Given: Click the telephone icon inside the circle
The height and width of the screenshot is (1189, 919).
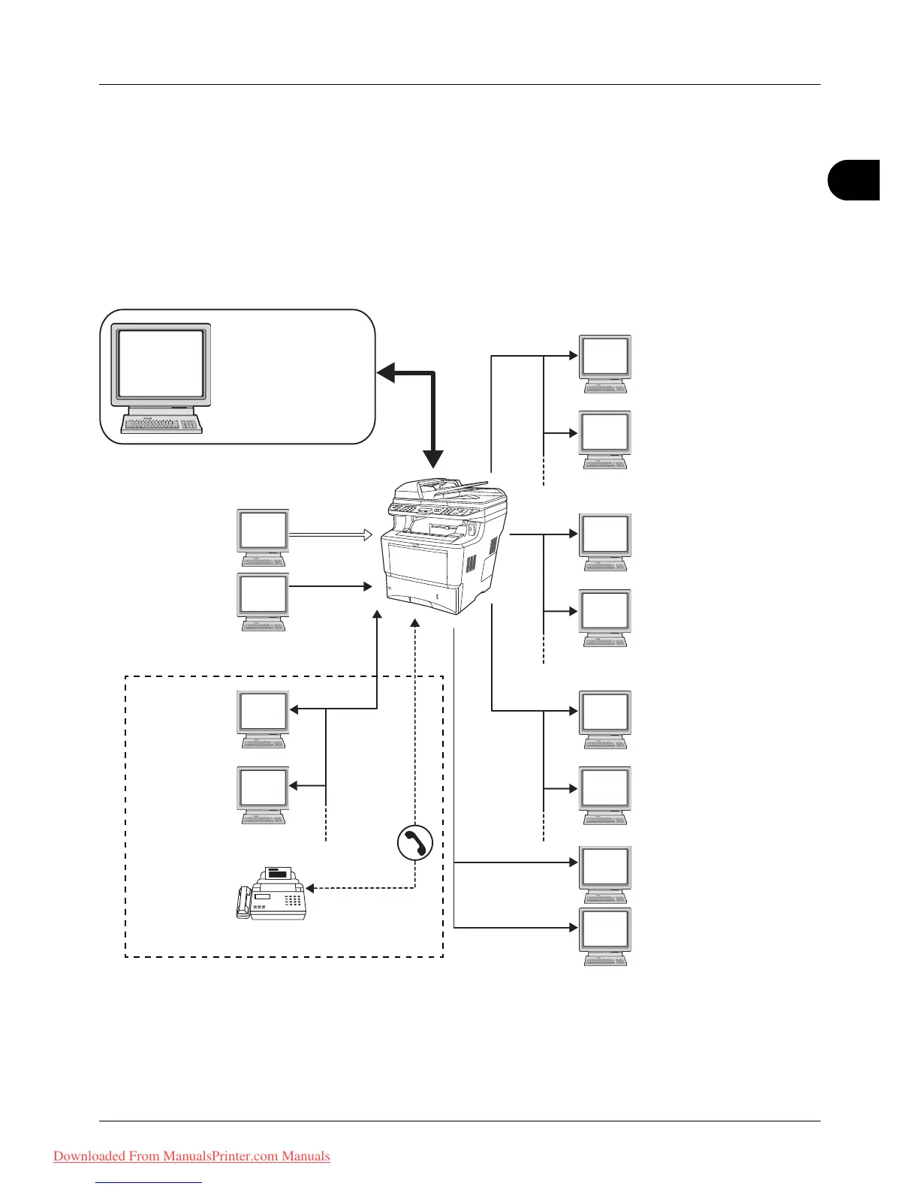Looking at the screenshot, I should pos(415,842).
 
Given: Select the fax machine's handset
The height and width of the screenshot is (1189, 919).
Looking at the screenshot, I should pos(243,902).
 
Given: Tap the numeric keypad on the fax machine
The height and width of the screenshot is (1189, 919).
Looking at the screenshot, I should pos(294,899).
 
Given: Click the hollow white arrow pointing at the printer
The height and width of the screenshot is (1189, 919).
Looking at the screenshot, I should pos(331,535).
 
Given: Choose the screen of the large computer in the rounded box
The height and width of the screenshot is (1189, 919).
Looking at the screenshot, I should pos(161,364).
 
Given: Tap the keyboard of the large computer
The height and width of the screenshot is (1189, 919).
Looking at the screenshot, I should pos(161,425).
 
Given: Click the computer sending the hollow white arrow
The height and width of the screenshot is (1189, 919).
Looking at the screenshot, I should pos(263,536).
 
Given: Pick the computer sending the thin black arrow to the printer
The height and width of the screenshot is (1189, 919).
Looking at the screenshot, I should pos(263,600).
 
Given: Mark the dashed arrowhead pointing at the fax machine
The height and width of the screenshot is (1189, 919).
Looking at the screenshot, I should pos(309,889).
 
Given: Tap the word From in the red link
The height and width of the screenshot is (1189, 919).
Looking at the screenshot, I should pos(144,1156).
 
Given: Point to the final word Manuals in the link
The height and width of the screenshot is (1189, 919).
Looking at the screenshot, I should pos(306,1156).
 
